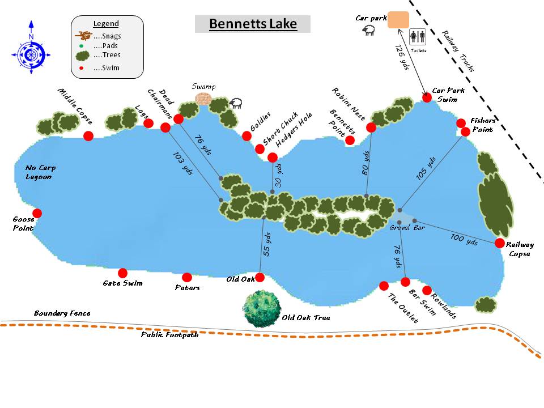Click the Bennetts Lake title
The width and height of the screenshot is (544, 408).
click(x=253, y=24)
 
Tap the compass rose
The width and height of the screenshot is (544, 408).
click(x=31, y=54)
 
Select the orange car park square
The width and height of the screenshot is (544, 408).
click(x=398, y=20)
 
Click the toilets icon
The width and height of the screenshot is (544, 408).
click(x=418, y=37)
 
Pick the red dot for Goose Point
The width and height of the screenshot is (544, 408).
click(x=37, y=213)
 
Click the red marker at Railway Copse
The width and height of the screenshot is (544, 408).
click(x=499, y=243)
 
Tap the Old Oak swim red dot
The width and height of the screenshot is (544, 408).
click(x=260, y=277)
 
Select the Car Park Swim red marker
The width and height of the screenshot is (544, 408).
click(x=427, y=97)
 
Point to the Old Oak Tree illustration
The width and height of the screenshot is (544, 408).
click(x=262, y=308)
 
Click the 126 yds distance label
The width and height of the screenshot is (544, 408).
click(x=402, y=58)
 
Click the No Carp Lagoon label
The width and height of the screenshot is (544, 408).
click(x=39, y=172)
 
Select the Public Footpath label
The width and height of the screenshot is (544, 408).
click(x=170, y=335)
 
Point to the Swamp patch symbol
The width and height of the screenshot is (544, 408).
click(x=202, y=99)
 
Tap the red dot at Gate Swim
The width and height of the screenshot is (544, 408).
click(x=122, y=273)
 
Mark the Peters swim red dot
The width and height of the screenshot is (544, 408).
click(x=187, y=277)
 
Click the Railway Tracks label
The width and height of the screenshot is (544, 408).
click(x=458, y=52)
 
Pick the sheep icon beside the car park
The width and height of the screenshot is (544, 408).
click(x=369, y=31)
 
